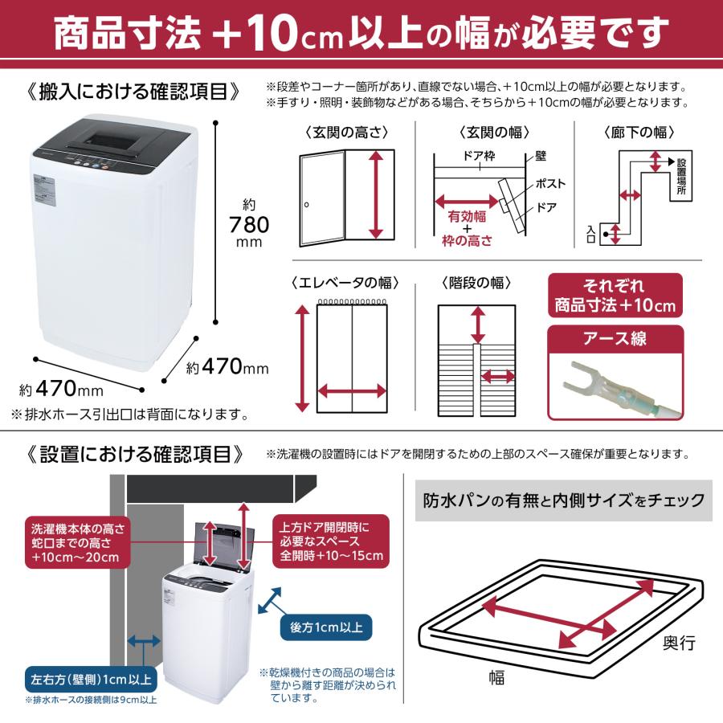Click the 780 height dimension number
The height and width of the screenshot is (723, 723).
click(x=248, y=223)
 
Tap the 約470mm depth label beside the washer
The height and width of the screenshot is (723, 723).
click(x=227, y=368)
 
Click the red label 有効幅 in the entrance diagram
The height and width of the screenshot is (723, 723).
click(x=464, y=215)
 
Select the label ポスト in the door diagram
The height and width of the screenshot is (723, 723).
click(x=549, y=184)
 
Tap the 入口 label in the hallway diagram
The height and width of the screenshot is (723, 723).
click(x=591, y=234)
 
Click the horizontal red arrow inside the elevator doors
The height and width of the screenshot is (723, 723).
click(x=353, y=391)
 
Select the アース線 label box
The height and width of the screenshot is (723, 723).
click(x=616, y=339)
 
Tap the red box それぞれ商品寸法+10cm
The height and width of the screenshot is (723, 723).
click(x=616, y=296)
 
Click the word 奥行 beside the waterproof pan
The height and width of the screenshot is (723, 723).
click(x=679, y=643)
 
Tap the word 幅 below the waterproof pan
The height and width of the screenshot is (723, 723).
click(x=496, y=678)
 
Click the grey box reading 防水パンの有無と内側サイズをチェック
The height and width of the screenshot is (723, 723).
click(x=563, y=501)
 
